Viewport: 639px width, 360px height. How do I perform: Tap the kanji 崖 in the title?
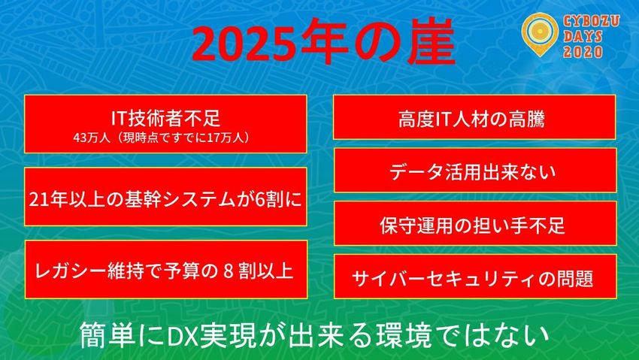[429, 41]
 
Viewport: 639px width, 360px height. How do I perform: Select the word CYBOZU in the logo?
[592, 21]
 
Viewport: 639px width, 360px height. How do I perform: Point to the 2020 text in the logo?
[583, 52]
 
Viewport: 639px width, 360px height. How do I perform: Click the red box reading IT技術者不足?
[165, 124]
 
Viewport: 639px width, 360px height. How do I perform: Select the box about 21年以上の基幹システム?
[165, 196]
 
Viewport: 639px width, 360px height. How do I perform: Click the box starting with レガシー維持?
[166, 269]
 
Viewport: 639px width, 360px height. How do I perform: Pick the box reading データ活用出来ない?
[475, 170]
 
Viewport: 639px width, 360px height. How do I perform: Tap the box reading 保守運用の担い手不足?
[475, 222]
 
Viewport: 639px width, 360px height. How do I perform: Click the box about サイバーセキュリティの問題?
[475, 276]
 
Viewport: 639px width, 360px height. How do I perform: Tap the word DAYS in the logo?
[583, 37]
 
